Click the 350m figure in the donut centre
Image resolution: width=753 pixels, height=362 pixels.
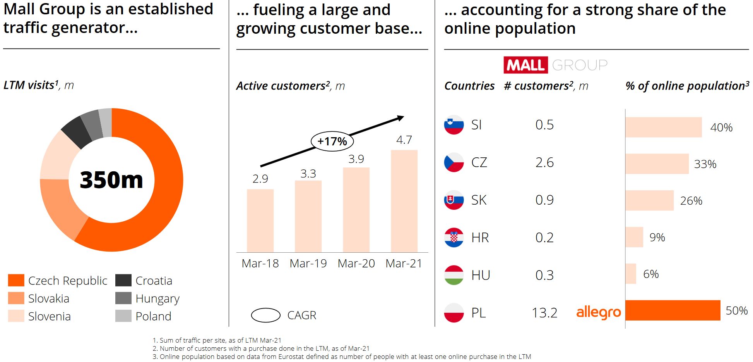click(111, 180)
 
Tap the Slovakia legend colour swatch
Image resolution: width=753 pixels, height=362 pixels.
click(16, 298)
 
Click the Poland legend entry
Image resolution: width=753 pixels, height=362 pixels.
click(153, 316)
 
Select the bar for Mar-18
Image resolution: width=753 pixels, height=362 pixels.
click(260, 221)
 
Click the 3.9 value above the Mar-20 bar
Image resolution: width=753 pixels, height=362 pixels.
click(356, 159)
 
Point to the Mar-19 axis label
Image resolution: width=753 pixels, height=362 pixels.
click(308, 264)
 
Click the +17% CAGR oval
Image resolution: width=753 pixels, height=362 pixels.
click(332, 141)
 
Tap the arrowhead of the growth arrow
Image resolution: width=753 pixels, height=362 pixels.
click(401, 118)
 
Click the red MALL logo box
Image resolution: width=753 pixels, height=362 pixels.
click(525, 65)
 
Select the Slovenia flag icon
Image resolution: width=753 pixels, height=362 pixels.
click(454, 125)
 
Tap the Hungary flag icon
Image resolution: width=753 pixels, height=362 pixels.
click(454, 275)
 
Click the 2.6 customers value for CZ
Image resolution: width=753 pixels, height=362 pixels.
click(544, 162)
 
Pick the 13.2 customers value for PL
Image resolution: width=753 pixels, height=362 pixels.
click(544, 313)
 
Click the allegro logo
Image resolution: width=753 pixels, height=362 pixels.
click(598, 312)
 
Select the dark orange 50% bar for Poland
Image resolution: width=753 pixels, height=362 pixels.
click(673, 310)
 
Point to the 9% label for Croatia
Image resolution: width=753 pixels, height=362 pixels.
click(657, 237)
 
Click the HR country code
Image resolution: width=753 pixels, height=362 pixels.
click(480, 238)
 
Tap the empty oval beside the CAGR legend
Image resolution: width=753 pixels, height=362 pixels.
click(265, 315)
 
